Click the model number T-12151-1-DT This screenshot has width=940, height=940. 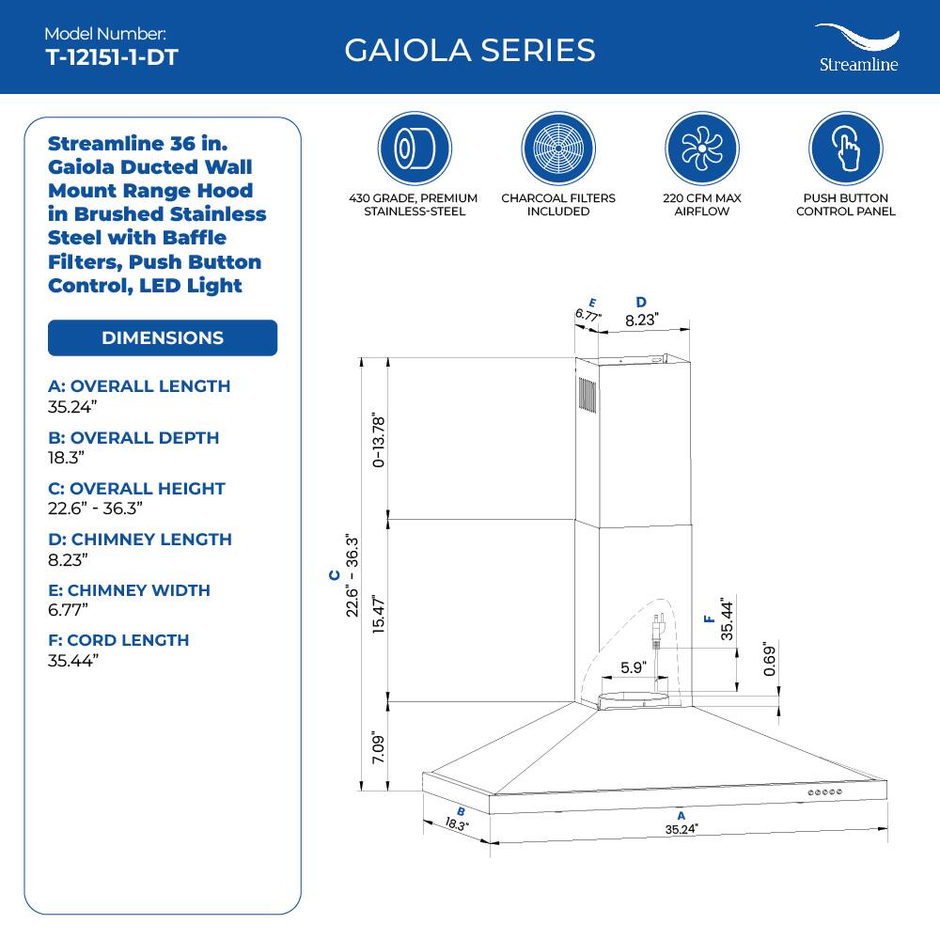(112, 56)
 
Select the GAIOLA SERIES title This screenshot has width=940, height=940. (469, 50)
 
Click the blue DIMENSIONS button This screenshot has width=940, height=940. (163, 338)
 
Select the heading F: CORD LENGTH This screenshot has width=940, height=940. (118, 640)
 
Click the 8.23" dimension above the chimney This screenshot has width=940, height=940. (641, 320)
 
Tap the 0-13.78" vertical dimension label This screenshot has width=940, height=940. (378, 439)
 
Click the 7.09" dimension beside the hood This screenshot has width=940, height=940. (378, 747)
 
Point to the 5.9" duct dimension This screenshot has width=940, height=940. (634, 668)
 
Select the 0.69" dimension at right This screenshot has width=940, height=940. (769, 661)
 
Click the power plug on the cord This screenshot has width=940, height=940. (658, 628)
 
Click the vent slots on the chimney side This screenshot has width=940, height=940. (587, 395)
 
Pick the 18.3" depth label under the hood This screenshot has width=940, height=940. (456, 825)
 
